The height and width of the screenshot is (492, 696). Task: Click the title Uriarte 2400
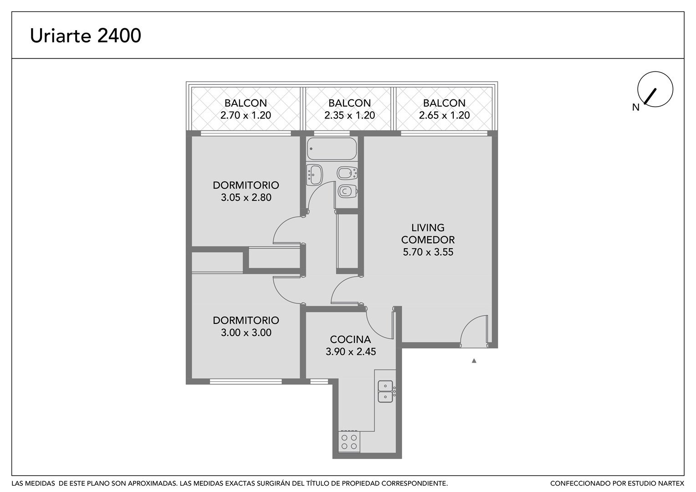pyautogui.click(x=86, y=36)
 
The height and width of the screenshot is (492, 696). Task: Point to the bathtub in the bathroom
pyautogui.click(x=332, y=149)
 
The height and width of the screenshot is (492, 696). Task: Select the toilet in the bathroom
pyautogui.click(x=347, y=191)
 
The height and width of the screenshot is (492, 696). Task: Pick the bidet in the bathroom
pyautogui.click(x=347, y=174)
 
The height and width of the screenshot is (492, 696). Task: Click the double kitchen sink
pyautogui.click(x=385, y=391)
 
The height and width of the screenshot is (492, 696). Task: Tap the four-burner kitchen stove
pyautogui.click(x=349, y=441)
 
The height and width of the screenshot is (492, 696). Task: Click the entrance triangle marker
pyautogui.click(x=474, y=361)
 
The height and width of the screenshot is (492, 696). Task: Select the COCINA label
pyautogui.click(x=350, y=339)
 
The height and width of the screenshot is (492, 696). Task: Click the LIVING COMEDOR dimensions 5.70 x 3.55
pyautogui.click(x=428, y=252)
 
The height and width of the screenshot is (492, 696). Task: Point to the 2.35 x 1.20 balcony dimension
pyautogui.click(x=349, y=115)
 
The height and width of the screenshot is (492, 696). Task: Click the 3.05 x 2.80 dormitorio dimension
pyautogui.click(x=246, y=197)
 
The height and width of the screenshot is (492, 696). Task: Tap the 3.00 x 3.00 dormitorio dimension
pyautogui.click(x=246, y=333)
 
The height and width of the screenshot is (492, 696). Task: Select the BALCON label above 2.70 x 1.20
pyautogui.click(x=246, y=103)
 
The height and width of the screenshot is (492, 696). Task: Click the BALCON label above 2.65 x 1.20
pyautogui.click(x=444, y=103)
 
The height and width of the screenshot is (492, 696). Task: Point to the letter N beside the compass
pyautogui.click(x=636, y=107)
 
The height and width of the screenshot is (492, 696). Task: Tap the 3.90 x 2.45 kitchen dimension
pyautogui.click(x=351, y=352)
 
